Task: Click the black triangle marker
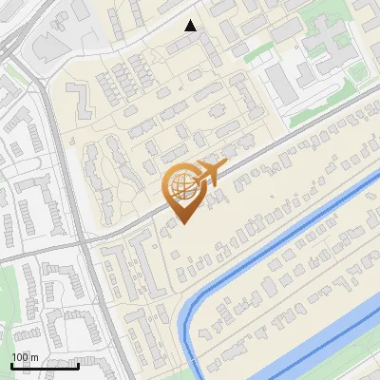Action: pos(191,26)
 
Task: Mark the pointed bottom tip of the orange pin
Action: pos(183,222)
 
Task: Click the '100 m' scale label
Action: pos(26,356)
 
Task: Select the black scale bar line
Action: pos(44,365)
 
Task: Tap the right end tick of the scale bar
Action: pos(78,363)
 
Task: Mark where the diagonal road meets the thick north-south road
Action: pos(89,241)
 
